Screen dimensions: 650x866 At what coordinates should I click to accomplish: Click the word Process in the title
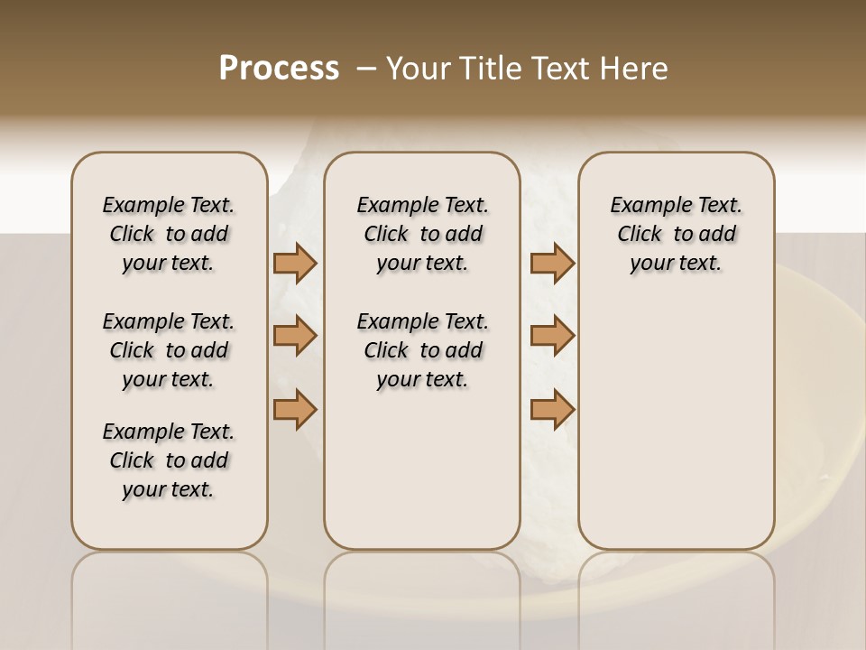click(x=279, y=69)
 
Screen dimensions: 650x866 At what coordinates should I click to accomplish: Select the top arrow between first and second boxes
click(x=295, y=264)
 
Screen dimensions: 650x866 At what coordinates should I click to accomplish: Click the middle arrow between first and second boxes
click(x=295, y=337)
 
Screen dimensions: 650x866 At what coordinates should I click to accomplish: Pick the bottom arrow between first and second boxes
click(x=295, y=409)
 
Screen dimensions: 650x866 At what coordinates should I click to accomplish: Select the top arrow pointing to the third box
click(x=552, y=264)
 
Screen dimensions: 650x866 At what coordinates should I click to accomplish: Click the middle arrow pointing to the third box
click(x=552, y=337)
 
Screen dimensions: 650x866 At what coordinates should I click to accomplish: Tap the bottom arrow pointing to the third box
click(x=552, y=409)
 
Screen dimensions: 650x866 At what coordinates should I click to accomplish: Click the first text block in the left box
click(x=169, y=234)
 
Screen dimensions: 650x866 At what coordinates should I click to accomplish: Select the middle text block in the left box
click(x=169, y=350)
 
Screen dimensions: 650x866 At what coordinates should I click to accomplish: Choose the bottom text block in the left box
click(x=169, y=460)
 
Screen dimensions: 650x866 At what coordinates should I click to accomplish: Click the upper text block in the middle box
click(x=422, y=234)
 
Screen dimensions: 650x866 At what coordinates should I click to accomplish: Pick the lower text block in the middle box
click(x=422, y=350)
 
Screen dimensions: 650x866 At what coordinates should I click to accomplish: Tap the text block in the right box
click(x=676, y=234)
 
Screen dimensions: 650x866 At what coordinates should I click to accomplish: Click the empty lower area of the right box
click(x=676, y=424)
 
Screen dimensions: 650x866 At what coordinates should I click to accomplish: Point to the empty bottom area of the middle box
click(x=422, y=478)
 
